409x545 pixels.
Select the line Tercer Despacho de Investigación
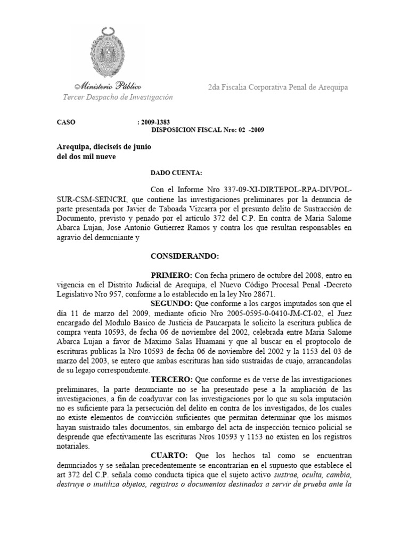(118, 97)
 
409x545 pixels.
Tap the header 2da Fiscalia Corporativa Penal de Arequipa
(278, 87)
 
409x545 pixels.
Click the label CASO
(66, 122)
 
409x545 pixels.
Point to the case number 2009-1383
(156, 122)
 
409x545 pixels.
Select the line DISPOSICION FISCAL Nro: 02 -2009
(208, 129)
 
